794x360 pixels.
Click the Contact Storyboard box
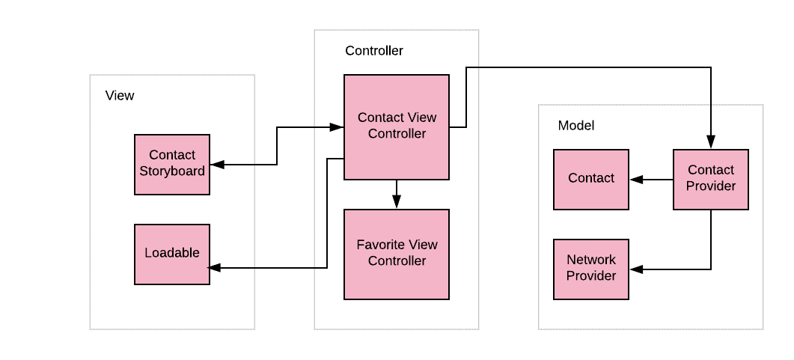click(x=172, y=165)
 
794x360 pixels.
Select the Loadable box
click(x=172, y=254)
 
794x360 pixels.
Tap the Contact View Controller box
click(x=397, y=127)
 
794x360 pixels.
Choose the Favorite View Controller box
click(x=397, y=254)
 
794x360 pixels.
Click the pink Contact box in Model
click(x=591, y=179)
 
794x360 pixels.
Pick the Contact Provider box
click(x=711, y=179)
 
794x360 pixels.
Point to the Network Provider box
click(x=591, y=269)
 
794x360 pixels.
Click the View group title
click(x=120, y=96)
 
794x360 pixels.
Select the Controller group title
click(x=373, y=51)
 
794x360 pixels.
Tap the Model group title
click(x=576, y=126)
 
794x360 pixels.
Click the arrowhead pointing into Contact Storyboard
click(x=216, y=165)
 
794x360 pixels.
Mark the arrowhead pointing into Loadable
click(x=215, y=267)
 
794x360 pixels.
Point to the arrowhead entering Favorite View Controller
click(x=397, y=202)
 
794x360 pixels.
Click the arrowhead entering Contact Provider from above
click(x=711, y=142)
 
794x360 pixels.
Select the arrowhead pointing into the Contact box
click(x=635, y=180)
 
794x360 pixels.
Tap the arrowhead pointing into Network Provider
click(x=635, y=269)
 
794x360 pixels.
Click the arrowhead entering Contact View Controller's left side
click(x=338, y=127)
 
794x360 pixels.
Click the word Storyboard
click(x=172, y=171)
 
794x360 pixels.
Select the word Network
click(x=591, y=260)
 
